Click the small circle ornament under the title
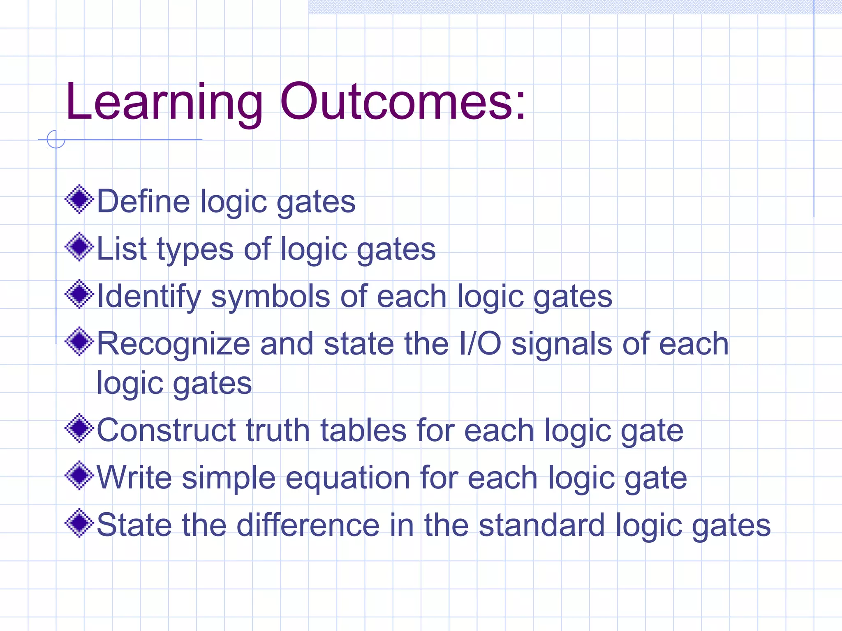coord(56,139)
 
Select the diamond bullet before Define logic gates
coord(79,199)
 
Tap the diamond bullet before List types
coord(79,246)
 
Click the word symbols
coord(270,297)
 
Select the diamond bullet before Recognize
coord(79,341)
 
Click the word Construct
coord(166,430)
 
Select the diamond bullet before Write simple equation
coord(79,475)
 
